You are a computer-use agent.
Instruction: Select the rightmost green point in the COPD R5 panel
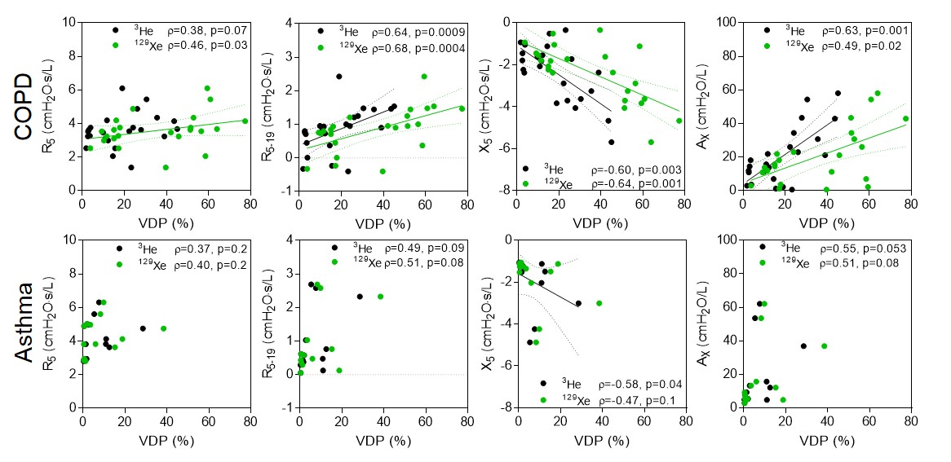tap(245, 121)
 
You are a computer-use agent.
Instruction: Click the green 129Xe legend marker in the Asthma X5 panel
tap(542, 400)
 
